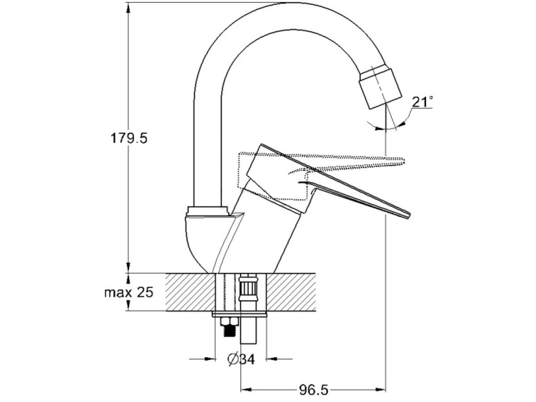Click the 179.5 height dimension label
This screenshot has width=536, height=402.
(x=129, y=138)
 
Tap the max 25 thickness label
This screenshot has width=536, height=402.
(x=129, y=292)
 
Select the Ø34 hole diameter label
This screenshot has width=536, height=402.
(x=241, y=359)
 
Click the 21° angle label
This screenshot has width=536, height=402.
(x=422, y=102)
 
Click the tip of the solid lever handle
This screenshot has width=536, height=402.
(x=409, y=215)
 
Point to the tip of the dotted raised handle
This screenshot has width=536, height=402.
(x=404, y=161)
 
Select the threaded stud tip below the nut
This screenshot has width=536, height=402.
(x=229, y=331)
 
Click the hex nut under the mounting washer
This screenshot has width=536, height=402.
(x=229, y=322)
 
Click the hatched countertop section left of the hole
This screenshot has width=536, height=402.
(x=190, y=292)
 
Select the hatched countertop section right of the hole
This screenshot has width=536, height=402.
(x=291, y=292)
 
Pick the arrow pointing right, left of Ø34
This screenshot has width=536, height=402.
(x=203, y=359)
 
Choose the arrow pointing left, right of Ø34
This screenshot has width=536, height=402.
(x=279, y=359)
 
